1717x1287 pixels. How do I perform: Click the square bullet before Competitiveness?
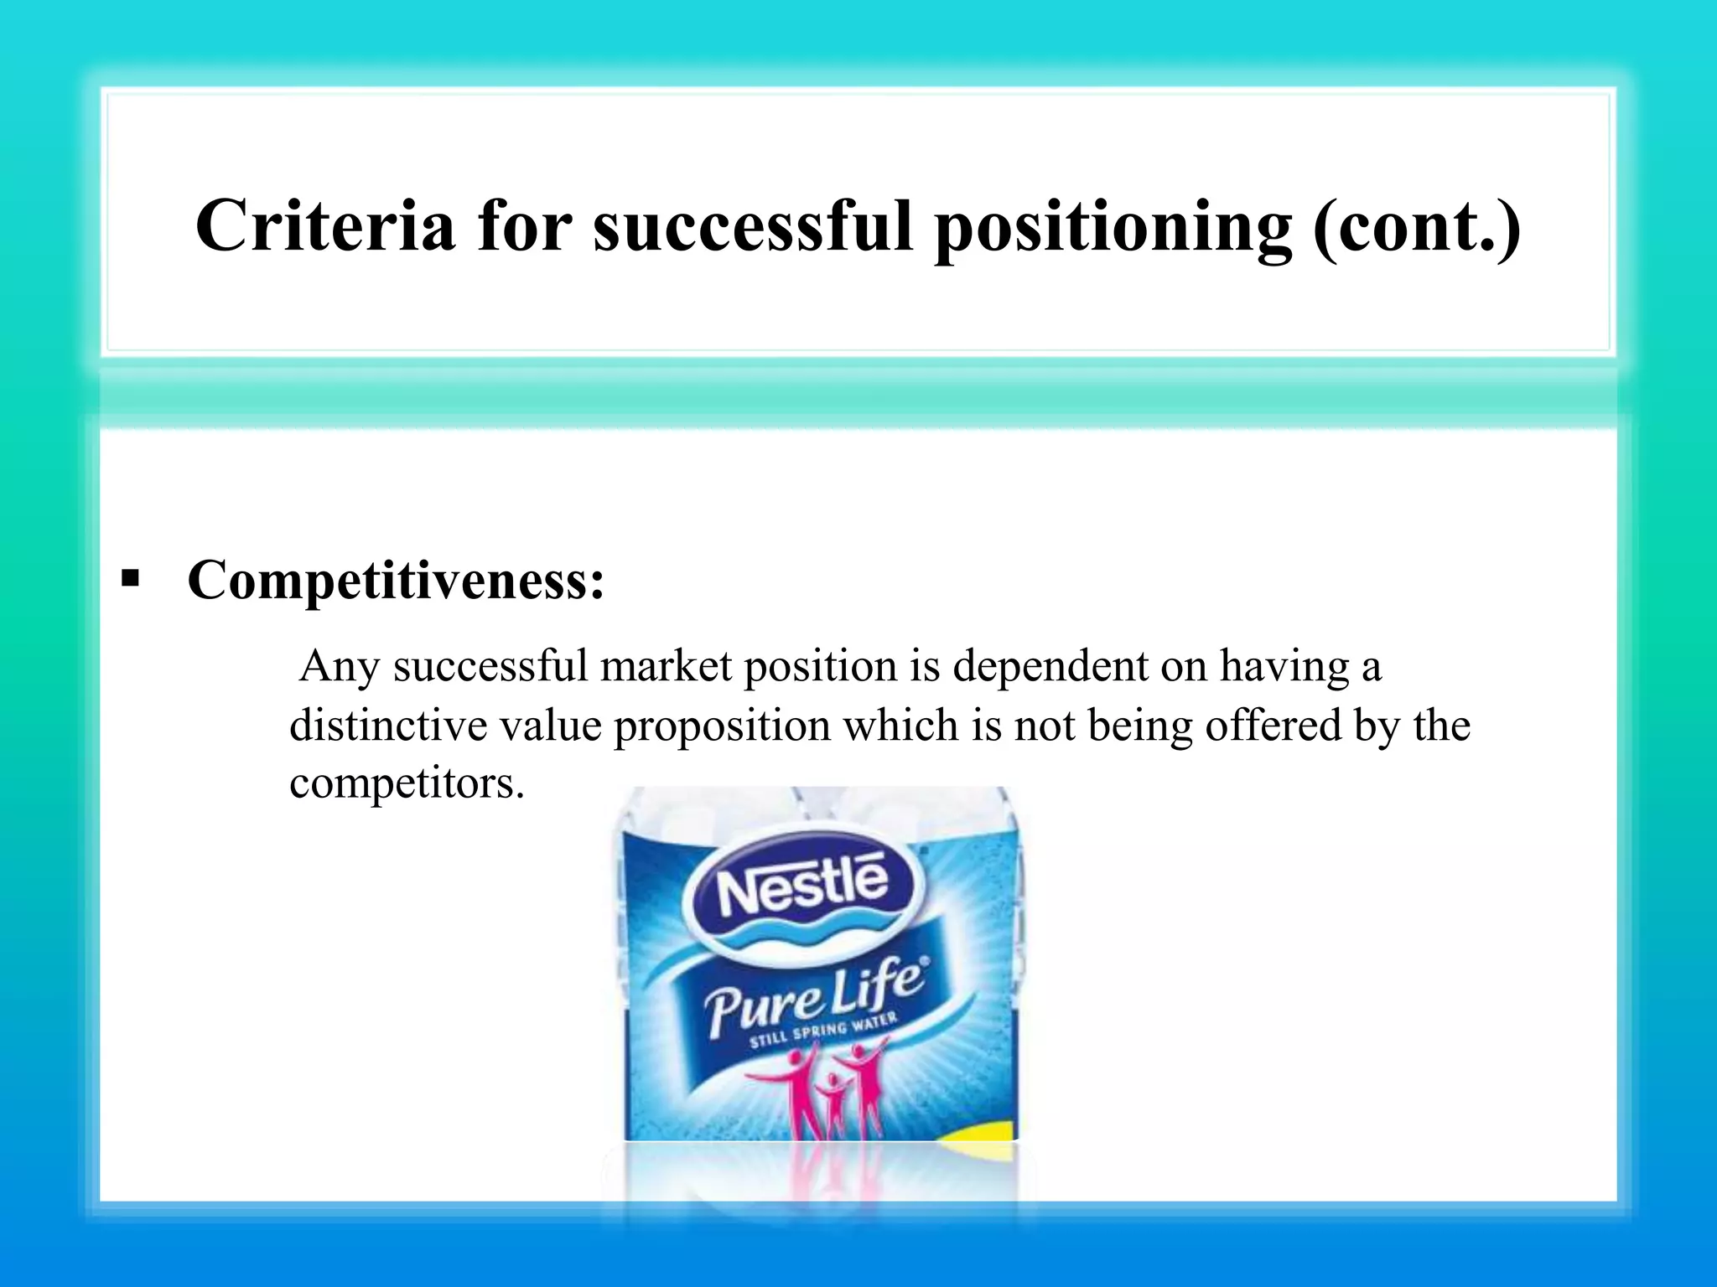point(130,578)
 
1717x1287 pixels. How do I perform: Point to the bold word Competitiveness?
point(396,579)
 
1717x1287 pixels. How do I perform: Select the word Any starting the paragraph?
point(340,668)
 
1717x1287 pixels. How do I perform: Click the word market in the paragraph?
point(666,666)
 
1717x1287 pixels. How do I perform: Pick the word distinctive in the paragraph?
point(387,725)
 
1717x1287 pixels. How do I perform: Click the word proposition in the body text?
point(722,726)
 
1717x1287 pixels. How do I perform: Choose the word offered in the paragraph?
point(1273,725)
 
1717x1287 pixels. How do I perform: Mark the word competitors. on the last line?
point(407,783)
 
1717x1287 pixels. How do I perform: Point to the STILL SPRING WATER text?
point(822,1030)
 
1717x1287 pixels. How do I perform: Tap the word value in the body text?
point(551,725)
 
